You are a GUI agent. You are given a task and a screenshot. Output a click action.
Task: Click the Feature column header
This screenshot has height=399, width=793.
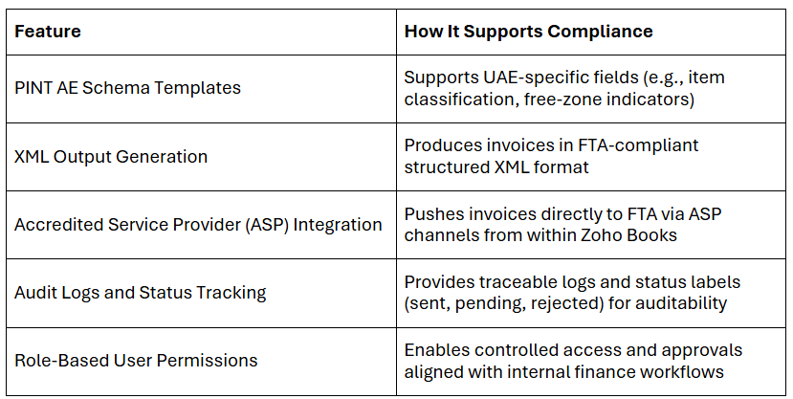click(x=48, y=32)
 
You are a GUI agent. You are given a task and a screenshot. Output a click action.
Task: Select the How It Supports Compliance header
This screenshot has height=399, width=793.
click(x=528, y=32)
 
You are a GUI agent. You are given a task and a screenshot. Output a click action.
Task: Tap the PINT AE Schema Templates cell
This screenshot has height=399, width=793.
click(x=127, y=88)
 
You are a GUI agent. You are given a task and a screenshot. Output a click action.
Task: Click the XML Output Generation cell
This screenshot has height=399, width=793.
click(x=111, y=157)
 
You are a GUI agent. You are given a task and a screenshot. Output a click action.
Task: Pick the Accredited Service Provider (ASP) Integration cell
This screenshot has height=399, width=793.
click(x=198, y=225)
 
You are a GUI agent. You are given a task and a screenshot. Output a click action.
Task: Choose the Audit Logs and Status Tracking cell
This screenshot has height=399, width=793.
click(x=140, y=293)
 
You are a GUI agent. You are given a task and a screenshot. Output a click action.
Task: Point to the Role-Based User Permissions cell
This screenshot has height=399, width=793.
click(x=136, y=361)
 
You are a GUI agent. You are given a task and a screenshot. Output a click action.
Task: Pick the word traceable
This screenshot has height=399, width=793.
click(x=512, y=281)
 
